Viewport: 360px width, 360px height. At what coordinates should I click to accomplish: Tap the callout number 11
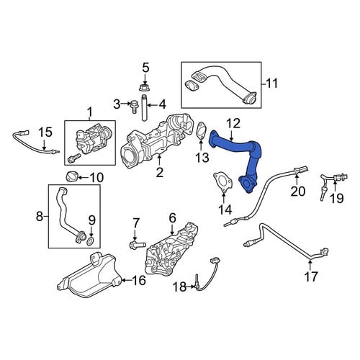(271, 84)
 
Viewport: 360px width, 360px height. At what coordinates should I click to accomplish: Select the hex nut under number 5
(145, 87)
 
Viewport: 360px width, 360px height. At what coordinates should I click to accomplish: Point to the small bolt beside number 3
(133, 107)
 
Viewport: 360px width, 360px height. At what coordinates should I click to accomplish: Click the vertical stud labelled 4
(144, 108)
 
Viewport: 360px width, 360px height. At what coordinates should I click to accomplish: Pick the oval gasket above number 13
(201, 131)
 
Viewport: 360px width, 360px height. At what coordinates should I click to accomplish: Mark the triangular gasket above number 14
(223, 182)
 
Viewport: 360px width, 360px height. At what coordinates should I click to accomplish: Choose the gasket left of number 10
(71, 176)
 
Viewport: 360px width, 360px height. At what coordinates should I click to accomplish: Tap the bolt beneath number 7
(138, 245)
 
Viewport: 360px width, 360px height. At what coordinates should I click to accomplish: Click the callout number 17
(311, 276)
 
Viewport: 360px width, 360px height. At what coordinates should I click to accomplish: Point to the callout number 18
(180, 287)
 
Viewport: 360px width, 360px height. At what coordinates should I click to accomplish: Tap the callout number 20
(298, 192)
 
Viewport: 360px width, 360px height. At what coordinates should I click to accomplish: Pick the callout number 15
(45, 132)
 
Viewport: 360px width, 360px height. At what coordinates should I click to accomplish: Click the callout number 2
(160, 172)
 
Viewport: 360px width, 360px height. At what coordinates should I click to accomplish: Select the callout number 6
(173, 217)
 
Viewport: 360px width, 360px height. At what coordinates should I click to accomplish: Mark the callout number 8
(39, 216)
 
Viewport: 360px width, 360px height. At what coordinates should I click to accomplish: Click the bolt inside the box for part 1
(74, 158)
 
